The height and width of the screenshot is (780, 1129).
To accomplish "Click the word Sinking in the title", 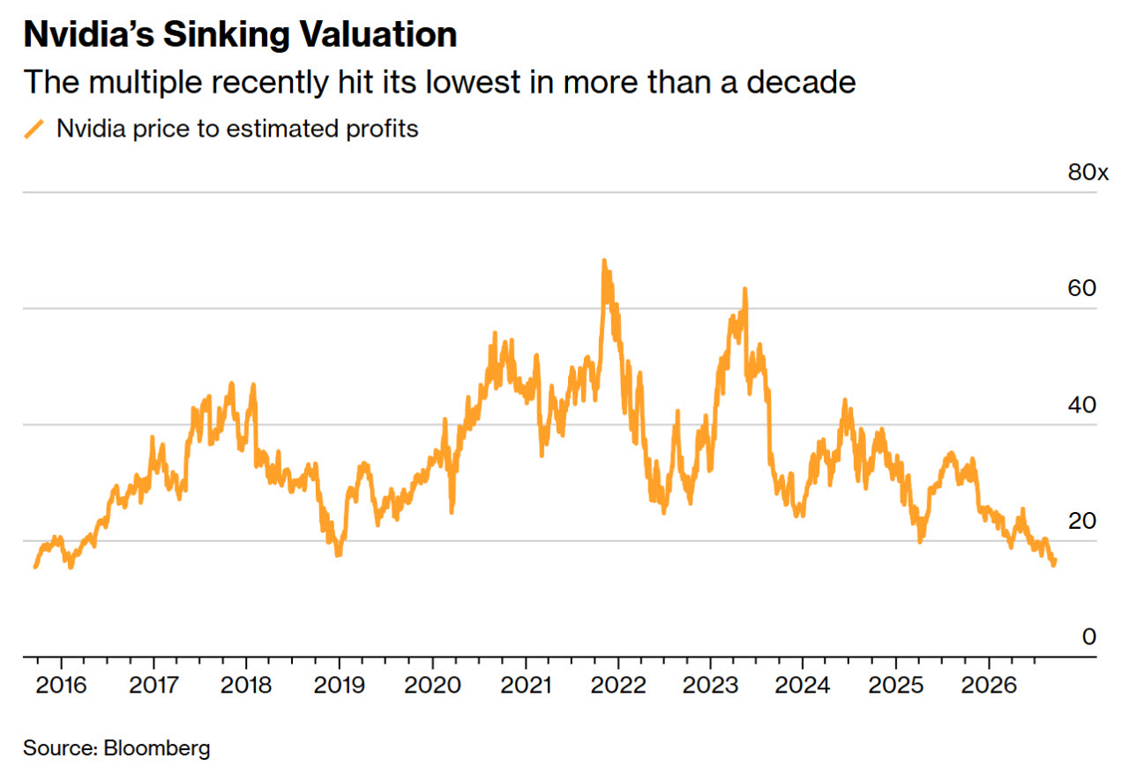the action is [227, 35].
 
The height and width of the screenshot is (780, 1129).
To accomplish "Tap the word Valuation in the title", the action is [378, 34].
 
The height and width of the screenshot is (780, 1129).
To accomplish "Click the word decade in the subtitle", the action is [801, 82].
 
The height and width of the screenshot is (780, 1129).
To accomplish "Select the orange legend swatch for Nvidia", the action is [34, 129].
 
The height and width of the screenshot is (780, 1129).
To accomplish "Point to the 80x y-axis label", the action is [1088, 172].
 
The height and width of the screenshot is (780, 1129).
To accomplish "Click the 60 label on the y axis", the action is [1081, 288].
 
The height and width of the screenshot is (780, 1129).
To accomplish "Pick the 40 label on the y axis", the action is [1081, 405].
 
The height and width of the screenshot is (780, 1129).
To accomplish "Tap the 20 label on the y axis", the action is [1081, 521].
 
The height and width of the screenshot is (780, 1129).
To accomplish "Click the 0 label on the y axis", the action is [1088, 637].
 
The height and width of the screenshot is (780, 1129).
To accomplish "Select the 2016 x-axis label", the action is [61, 686].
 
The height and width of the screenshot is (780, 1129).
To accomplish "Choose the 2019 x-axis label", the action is [340, 686].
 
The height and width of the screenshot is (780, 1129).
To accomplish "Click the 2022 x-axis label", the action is [618, 686].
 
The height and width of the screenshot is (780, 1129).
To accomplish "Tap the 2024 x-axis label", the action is [803, 686].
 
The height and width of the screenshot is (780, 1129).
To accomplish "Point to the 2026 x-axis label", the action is [989, 686].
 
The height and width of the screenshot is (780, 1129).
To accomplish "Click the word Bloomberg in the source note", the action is [157, 748].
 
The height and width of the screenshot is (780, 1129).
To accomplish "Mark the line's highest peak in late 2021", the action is [604, 261].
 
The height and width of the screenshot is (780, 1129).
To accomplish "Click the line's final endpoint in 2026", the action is [1054, 561].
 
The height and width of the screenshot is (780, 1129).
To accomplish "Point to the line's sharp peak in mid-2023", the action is [745, 290].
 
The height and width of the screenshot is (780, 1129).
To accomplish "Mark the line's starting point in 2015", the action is [35, 567].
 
